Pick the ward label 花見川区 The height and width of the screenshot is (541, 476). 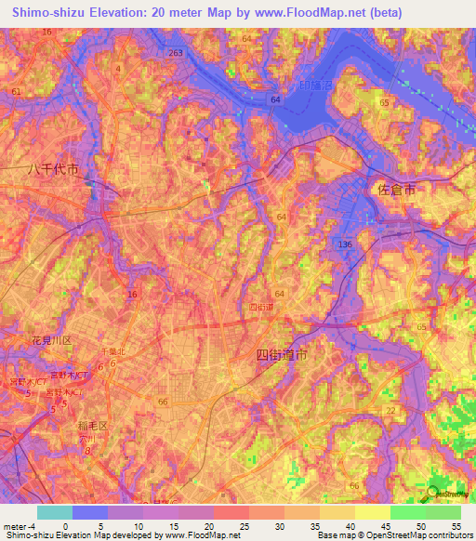pyautogui.click(x=52, y=340)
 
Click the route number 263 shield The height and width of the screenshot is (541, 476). pyautogui.click(x=176, y=54)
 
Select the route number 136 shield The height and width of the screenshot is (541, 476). pyautogui.click(x=345, y=244)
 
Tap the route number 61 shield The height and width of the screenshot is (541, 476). pyautogui.click(x=15, y=91)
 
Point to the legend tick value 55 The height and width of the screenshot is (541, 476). pyautogui.click(x=456, y=524)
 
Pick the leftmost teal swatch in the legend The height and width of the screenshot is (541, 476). pyautogui.click(x=55, y=512)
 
